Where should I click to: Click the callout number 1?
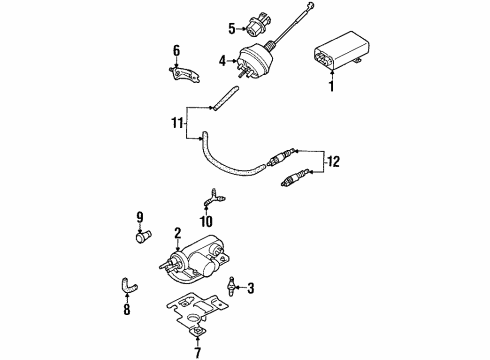coord(331,86)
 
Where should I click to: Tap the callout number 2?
coord(177,233)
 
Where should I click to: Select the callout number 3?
coord(250,288)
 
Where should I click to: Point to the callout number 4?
coord(222,61)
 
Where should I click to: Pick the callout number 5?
coord(232,29)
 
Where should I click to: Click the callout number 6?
coord(176,51)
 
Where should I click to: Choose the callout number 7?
coord(198,352)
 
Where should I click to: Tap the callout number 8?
coord(127,310)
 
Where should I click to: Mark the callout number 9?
coord(140,217)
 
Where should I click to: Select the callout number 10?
coord(206,221)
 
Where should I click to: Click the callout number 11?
coord(177,123)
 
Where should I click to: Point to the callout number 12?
coord(333,162)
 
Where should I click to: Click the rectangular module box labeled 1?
coord(337,51)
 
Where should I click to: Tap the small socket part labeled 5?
coord(255,27)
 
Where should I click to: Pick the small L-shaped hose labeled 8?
coord(128,286)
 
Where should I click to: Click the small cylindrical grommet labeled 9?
coord(143,236)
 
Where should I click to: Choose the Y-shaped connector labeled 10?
coord(213,198)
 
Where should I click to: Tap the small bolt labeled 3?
coord(231,286)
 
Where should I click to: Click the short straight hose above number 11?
coord(225,99)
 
